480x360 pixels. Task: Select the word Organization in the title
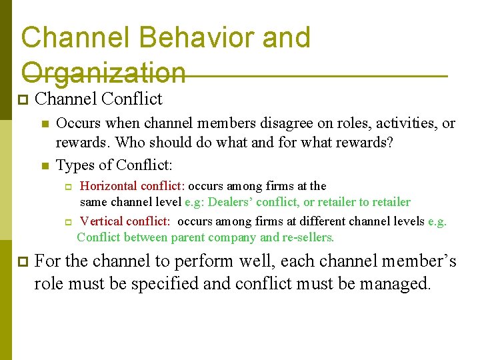(x=103, y=73)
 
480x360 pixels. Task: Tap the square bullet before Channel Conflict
(x=22, y=100)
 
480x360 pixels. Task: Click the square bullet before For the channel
(x=22, y=261)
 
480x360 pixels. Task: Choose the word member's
(x=413, y=261)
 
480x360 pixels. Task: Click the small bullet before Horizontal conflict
(x=67, y=186)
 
